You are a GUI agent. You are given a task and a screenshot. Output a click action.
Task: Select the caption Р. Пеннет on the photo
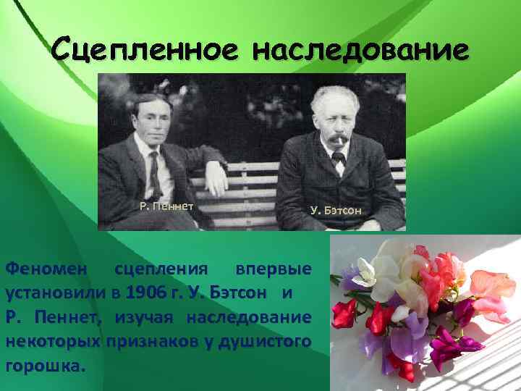[166, 206]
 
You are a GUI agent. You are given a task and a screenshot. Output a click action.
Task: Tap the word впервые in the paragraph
[274, 269]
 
